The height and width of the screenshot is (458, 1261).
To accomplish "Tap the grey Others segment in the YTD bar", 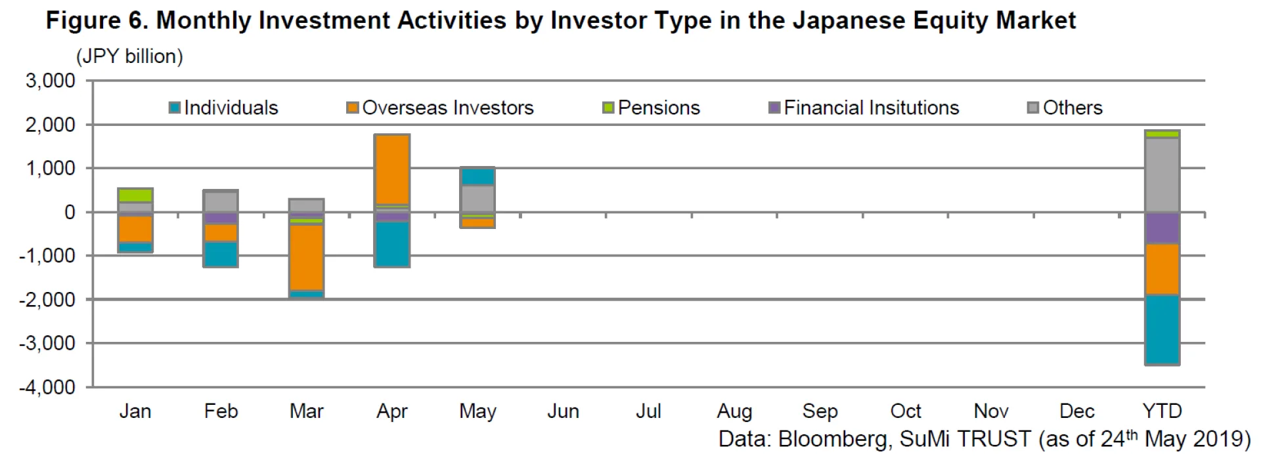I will pos(1162,175).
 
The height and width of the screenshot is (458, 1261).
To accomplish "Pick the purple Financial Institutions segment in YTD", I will pos(1162,228).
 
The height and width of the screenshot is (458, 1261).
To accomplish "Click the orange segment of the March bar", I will pos(307,257).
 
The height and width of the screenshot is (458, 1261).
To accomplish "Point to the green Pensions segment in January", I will pos(136,195).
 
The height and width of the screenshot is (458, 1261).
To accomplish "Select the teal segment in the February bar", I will pos(221,254).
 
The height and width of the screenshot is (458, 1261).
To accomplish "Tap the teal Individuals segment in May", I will pos(477,177).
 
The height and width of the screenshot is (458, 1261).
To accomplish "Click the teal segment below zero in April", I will pos(392,244).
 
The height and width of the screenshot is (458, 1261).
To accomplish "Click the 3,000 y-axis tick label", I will pos(51,81).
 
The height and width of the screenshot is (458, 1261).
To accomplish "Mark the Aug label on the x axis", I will pos(734,411).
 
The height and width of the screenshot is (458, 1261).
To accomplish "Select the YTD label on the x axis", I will pos(1162,411).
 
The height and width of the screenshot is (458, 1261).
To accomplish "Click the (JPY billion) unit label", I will pos(129,56).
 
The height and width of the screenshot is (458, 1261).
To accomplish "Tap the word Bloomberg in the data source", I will pos(831,438).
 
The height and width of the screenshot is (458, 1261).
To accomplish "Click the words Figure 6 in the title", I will pos(97,21).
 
